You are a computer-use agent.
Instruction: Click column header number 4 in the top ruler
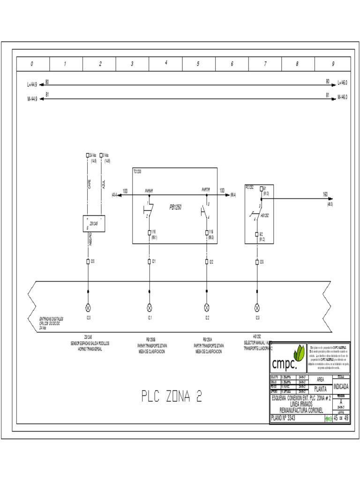coord(166,63)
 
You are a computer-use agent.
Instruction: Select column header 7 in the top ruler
coord(265,64)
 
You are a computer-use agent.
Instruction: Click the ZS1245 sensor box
coord(94,224)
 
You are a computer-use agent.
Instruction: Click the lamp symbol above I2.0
coord(88,307)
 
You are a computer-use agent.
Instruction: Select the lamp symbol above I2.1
coord(150,307)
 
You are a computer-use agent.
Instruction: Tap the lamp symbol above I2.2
coord(207,307)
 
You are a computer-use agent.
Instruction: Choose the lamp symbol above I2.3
coord(256,307)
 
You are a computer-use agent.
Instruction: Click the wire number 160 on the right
coord(325,194)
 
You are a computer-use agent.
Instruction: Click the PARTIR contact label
coord(206,190)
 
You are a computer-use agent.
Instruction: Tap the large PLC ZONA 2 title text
coord(172,397)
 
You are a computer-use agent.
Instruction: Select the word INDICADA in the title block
coord(341,387)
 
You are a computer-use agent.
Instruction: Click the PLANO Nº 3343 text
coord(283,419)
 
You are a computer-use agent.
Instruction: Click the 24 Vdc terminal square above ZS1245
coord(87,155)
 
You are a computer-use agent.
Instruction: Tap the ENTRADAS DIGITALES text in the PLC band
coord(51,319)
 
